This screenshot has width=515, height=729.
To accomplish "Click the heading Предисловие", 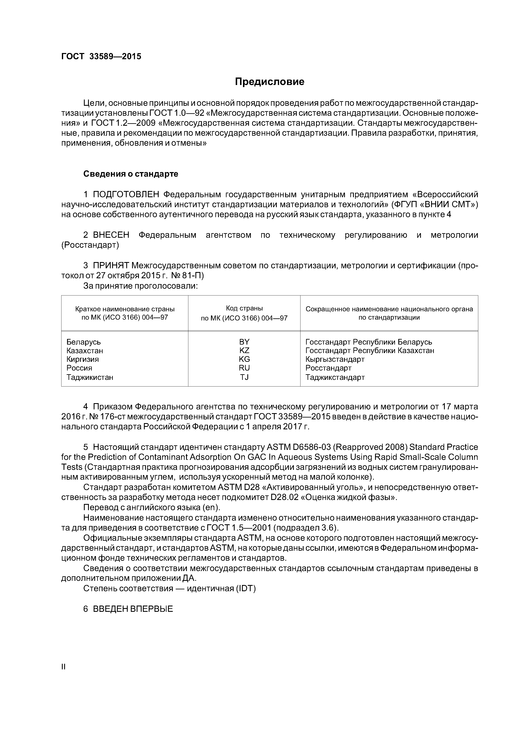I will (269, 82).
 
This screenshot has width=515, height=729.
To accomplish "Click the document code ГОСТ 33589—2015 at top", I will (101, 57).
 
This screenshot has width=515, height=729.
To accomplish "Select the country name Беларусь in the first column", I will (83, 342).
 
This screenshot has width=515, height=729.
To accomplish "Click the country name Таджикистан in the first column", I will (90, 377).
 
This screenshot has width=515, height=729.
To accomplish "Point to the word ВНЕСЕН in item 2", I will (111, 235).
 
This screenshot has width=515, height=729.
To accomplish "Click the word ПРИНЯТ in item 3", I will (111, 265).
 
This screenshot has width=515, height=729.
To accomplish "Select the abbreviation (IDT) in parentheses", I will (245, 588).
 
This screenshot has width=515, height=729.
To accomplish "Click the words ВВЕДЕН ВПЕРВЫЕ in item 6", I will (133, 609).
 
